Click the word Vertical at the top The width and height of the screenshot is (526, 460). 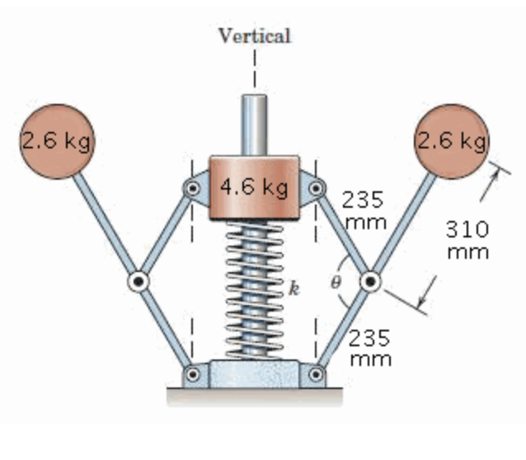254,35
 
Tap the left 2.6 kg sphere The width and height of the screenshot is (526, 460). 55,141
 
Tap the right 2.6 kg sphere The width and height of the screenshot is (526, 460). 453,141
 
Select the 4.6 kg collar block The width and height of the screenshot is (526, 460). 254,188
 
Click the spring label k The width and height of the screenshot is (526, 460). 294,289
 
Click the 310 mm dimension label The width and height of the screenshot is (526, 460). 467,239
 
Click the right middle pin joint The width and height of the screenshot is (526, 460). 372,280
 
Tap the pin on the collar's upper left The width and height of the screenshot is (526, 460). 194,187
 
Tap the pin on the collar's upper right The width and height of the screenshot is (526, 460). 315,187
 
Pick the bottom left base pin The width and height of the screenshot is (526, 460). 194,374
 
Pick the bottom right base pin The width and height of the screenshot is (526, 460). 316,374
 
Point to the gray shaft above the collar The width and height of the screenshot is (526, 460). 254,124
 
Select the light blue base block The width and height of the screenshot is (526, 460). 254,374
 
